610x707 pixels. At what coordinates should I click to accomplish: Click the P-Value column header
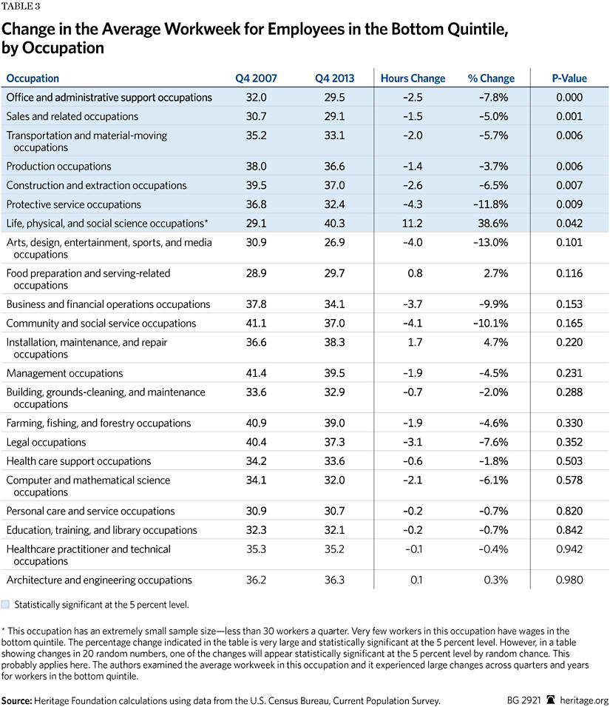click(569, 78)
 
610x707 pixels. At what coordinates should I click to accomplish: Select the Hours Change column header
click(413, 78)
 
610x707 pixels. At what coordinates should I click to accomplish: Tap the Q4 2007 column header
click(256, 78)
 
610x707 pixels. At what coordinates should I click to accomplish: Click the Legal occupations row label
click(46, 442)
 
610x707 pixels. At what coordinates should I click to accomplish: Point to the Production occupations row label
click(58, 167)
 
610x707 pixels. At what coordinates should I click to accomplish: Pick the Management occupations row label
click(64, 373)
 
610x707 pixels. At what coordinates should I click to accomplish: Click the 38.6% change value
click(493, 224)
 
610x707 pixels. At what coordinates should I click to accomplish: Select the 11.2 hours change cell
click(413, 224)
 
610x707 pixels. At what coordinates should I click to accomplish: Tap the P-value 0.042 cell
click(569, 224)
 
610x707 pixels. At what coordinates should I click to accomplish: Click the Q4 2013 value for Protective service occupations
click(334, 204)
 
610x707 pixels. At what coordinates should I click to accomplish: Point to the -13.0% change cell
click(491, 243)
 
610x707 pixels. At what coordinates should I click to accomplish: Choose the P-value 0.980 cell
click(569, 580)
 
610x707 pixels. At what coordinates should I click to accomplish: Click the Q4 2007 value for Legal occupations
click(256, 442)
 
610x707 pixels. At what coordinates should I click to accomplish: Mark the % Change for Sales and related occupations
click(493, 116)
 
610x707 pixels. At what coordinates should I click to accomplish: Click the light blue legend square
click(5, 605)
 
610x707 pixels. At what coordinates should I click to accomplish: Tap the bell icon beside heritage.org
click(551, 700)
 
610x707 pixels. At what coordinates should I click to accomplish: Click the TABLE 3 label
click(21, 7)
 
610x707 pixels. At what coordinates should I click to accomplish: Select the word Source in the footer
click(17, 700)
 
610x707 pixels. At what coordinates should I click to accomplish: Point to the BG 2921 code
click(524, 700)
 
